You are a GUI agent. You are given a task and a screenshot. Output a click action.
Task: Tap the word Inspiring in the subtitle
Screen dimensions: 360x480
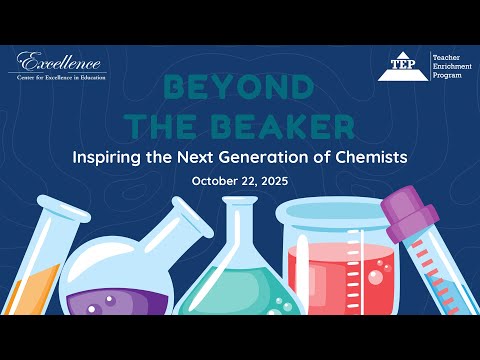(108, 157)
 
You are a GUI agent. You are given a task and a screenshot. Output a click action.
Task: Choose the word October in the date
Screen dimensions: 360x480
(210, 182)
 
